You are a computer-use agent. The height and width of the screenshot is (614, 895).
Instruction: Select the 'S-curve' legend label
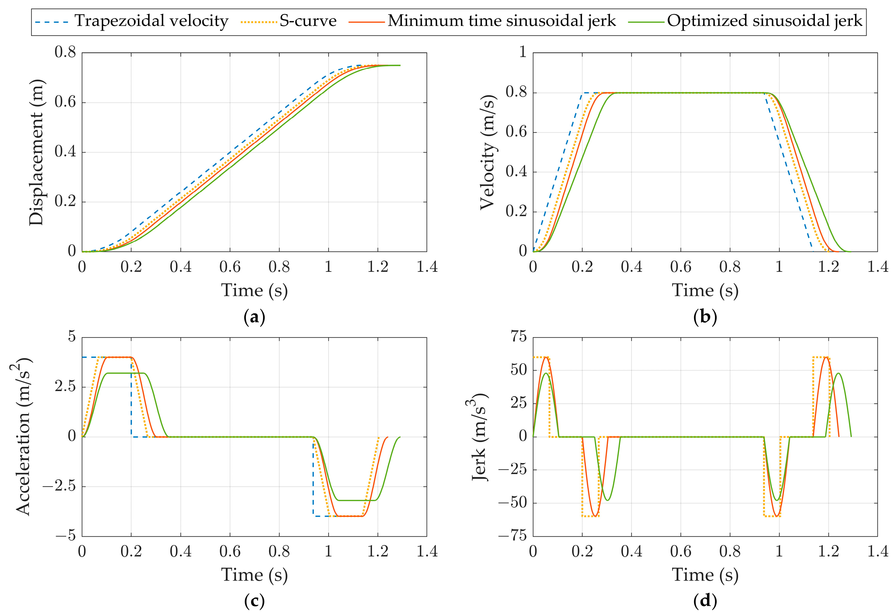308,21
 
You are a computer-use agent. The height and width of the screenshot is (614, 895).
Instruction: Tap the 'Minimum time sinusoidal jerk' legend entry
501,21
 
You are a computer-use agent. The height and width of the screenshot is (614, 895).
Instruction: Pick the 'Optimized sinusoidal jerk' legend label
764,21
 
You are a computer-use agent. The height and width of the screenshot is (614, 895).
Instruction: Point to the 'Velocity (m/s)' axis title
488,152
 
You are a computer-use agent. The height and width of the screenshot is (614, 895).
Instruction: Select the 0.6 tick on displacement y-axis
65,102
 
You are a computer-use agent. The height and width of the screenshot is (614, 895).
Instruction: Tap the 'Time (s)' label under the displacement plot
254,290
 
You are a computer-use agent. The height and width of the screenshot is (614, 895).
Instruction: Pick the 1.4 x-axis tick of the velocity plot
878,266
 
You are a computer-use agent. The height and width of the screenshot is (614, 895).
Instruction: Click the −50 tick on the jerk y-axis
512,503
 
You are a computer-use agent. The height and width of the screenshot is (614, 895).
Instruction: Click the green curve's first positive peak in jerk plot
546,373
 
